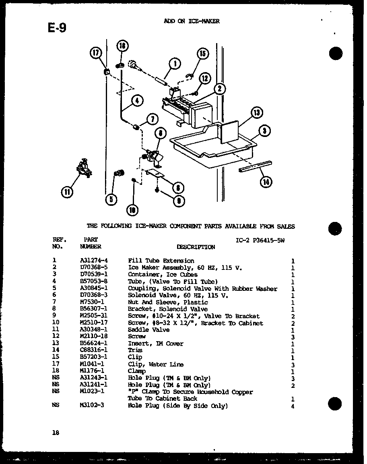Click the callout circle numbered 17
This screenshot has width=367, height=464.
[96, 53]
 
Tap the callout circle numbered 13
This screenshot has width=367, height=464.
[257, 113]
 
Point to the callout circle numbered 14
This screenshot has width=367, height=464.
[266, 182]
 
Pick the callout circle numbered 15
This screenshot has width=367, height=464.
[202, 53]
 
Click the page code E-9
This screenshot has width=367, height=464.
[57, 27]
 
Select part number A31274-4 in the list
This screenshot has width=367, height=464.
[94, 261]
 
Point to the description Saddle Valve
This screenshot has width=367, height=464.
[148, 329]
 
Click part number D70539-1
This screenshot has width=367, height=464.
[94, 274]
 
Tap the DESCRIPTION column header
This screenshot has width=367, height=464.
[196, 247]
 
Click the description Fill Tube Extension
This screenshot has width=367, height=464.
[161, 261]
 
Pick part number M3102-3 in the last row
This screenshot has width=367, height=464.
[92, 405]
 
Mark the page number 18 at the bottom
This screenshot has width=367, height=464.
[56, 433]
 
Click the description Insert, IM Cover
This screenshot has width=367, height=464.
[155, 343]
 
